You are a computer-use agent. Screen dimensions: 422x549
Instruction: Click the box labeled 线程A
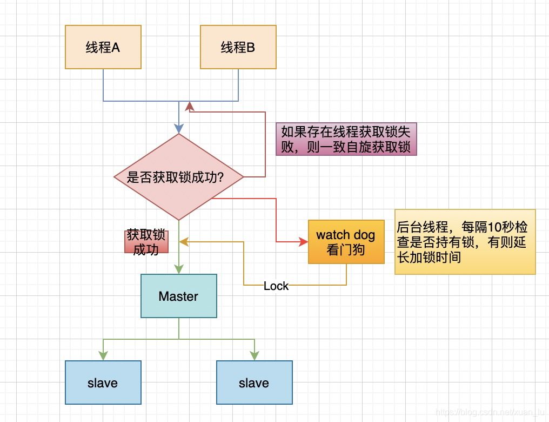click(x=103, y=47)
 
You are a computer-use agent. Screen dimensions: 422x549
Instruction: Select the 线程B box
click(x=238, y=47)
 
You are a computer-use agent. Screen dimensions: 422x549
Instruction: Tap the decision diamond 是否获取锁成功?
click(x=178, y=177)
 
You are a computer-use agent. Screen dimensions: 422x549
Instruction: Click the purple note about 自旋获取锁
click(x=346, y=139)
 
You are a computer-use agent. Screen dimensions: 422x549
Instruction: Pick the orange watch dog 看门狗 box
click(x=346, y=242)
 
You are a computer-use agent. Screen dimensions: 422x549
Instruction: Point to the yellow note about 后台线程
click(x=465, y=242)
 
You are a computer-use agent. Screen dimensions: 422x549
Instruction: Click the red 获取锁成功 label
click(x=146, y=242)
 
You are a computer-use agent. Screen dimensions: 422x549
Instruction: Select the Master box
click(x=178, y=296)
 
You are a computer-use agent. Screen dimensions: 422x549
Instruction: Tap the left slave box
click(x=103, y=383)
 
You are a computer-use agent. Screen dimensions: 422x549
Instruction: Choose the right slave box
click(x=254, y=383)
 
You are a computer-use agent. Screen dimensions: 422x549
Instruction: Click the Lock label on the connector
click(x=276, y=286)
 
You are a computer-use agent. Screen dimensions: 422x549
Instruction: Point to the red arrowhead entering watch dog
click(x=303, y=242)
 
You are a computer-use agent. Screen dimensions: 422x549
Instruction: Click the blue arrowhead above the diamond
click(x=179, y=129)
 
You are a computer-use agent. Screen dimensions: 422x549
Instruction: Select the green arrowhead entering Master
click(x=179, y=269)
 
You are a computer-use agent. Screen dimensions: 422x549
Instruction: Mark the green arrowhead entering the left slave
click(x=103, y=356)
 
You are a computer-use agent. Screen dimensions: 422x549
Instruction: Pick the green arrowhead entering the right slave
click(x=255, y=356)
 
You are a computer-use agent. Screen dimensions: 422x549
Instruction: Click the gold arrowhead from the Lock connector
click(x=184, y=242)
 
